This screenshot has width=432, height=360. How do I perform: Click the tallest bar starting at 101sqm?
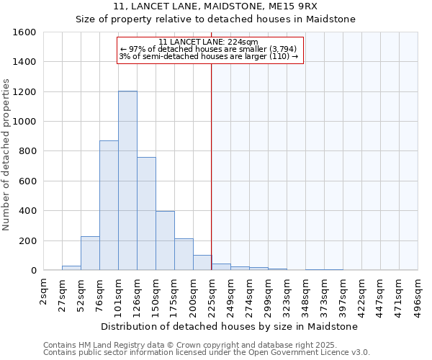(x=127, y=181)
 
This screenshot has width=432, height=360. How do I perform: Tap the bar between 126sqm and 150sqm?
(x=146, y=214)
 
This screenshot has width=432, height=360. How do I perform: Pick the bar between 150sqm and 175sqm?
(x=165, y=240)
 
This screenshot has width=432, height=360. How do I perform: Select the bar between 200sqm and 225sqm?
(x=202, y=263)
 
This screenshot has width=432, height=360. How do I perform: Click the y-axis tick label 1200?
(x=24, y=92)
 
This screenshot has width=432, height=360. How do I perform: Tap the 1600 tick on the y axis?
(x=24, y=32)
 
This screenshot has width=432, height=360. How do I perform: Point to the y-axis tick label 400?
(x=27, y=211)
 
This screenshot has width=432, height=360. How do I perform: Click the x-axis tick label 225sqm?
(x=212, y=294)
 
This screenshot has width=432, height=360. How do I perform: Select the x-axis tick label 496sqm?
(x=418, y=294)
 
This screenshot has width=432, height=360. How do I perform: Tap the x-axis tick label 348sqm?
(x=305, y=294)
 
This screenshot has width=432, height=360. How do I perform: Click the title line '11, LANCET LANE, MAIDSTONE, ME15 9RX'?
(x=215, y=6)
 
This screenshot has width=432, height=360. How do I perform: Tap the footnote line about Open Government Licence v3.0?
(x=207, y=352)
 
